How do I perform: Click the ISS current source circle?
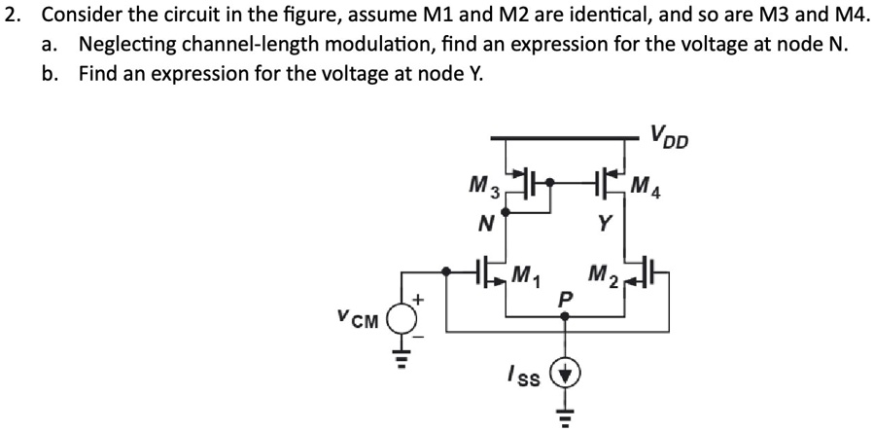[566, 375]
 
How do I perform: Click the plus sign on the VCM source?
[420, 299]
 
